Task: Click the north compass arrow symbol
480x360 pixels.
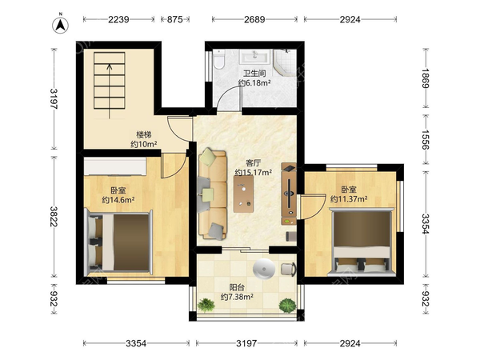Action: [60, 25]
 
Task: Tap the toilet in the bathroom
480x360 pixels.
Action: [218, 59]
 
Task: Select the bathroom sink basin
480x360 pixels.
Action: [254, 57]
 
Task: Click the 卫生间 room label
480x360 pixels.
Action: [254, 74]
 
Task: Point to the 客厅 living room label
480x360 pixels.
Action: [254, 163]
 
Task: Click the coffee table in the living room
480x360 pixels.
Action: [243, 194]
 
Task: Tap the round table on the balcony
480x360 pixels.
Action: [264, 269]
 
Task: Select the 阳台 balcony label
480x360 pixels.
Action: [237, 288]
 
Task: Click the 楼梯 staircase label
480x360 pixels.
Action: [144, 134]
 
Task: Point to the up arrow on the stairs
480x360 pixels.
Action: [110, 91]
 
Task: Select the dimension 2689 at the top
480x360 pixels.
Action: [254, 19]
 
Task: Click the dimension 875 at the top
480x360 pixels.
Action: [174, 19]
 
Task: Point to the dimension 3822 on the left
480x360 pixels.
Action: [54, 216]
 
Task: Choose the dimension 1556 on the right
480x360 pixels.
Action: [426, 139]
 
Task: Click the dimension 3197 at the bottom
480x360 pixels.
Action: [246, 343]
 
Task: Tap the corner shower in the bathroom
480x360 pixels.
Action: [285, 62]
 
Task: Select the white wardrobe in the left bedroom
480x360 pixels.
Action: [115, 166]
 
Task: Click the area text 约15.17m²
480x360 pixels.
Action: [254, 173]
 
